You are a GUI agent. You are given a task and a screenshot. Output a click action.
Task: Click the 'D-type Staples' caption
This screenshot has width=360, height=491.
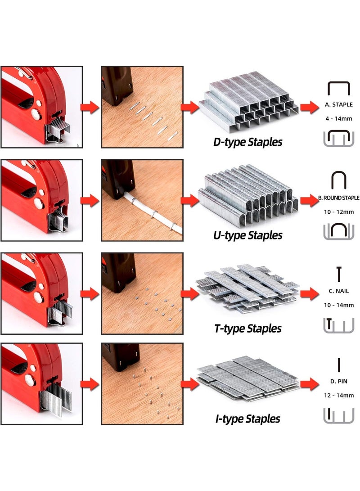(x=247, y=142)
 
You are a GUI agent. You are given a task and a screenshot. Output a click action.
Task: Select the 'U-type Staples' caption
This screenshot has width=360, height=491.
(x=247, y=235)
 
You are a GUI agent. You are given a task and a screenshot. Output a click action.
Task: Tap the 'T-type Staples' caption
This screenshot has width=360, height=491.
(x=247, y=329)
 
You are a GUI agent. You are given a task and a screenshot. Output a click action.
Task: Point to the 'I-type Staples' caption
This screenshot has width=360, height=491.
(x=247, y=419)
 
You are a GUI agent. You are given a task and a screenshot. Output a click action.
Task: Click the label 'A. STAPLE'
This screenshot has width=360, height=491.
(x=339, y=104)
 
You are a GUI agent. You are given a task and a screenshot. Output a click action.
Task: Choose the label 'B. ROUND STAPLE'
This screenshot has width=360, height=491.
(x=339, y=198)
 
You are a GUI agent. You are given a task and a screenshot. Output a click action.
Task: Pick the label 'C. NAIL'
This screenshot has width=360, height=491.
(x=339, y=291)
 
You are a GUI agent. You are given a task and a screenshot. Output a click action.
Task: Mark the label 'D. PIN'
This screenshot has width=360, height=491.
(x=339, y=381)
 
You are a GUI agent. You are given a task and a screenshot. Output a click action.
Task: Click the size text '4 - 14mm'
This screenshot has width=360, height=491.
(x=339, y=119)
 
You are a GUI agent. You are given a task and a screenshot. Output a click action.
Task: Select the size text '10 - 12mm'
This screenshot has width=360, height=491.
(x=339, y=212)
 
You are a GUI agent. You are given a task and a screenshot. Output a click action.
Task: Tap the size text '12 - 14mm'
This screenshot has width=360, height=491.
(x=339, y=396)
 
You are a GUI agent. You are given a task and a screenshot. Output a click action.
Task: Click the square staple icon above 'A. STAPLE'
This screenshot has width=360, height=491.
(x=339, y=83)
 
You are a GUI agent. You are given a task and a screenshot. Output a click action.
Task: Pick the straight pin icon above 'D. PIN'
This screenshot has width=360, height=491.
(x=339, y=365)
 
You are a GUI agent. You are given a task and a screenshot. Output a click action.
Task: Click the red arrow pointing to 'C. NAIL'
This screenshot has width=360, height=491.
(x=310, y=293)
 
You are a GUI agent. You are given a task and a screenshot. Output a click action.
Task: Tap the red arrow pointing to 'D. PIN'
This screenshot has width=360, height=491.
(x=310, y=384)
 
